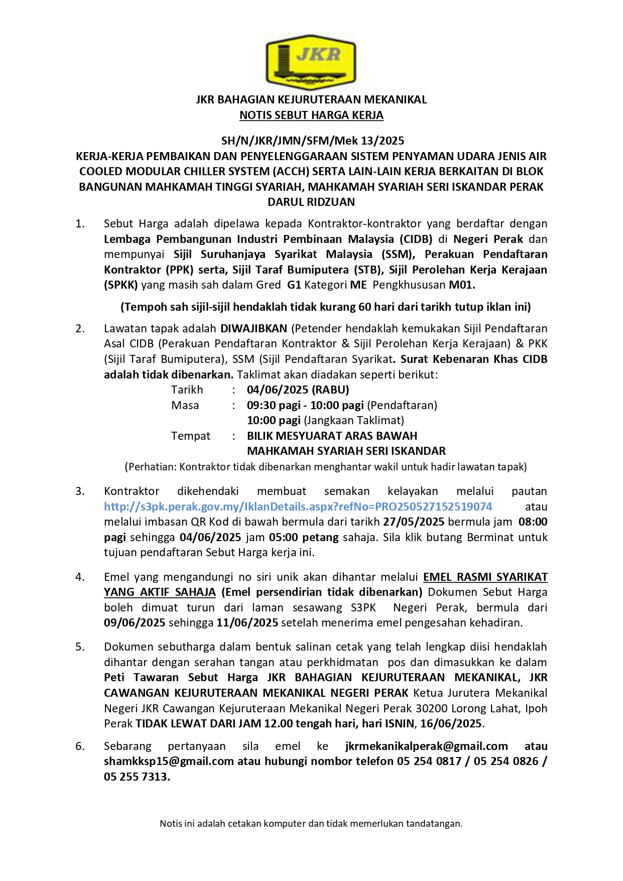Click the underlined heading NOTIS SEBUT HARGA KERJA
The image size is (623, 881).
pos(311,115)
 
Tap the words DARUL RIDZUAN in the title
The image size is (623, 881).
pos(311,202)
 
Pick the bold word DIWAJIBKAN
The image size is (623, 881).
pos(254,329)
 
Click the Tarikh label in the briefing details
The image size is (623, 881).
pos(187,390)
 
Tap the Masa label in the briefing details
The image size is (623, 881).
pos(185,406)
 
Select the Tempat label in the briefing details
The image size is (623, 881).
pos(191,436)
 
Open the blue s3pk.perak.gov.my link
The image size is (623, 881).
pos(298,507)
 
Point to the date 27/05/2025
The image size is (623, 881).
pos(413,522)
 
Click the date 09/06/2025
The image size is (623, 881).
pos(135,623)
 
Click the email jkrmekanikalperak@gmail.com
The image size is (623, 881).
pos(427,746)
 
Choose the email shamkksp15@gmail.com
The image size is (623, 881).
pos(169,762)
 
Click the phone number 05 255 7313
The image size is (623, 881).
pos(136,777)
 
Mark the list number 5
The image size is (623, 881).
pos(80,647)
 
